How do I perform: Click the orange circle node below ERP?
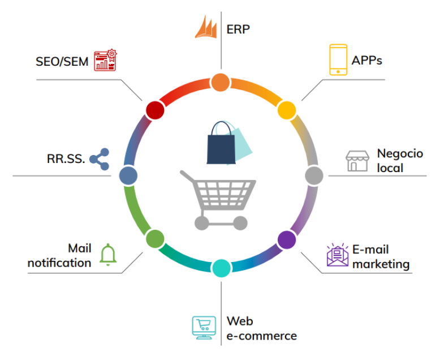[x=220, y=83]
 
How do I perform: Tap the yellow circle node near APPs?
[x=286, y=109]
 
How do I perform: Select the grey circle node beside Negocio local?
[x=313, y=175]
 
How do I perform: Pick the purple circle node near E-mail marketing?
[x=287, y=240]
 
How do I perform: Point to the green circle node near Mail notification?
[x=154, y=239]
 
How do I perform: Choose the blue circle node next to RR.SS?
[x=128, y=175]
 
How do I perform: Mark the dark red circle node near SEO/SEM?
[x=154, y=110]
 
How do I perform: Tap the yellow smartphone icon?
[x=338, y=59]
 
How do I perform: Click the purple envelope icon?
[x=338, y=255]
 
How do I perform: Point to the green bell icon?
[x=108, y=254]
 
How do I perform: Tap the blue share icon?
[x=100, y=159]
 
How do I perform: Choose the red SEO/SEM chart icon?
[x=105, y=60]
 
